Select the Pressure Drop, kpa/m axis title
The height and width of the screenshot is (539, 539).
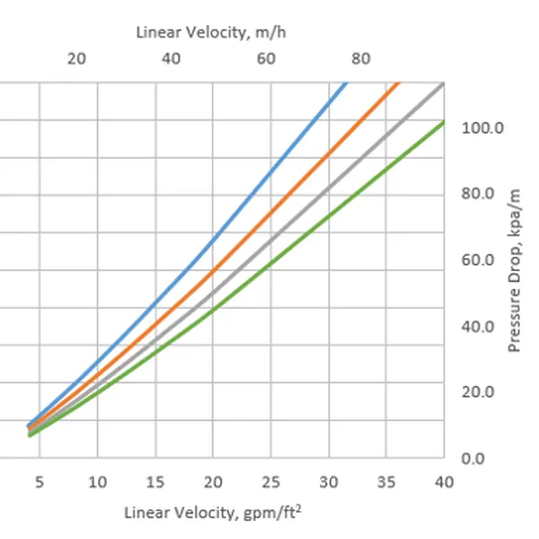516,269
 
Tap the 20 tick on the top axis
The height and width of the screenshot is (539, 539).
76,59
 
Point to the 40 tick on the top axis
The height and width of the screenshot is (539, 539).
171,59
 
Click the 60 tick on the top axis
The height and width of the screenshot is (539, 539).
266,59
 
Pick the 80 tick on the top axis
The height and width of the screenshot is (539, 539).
360,59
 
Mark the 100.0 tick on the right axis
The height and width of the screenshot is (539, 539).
483,128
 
